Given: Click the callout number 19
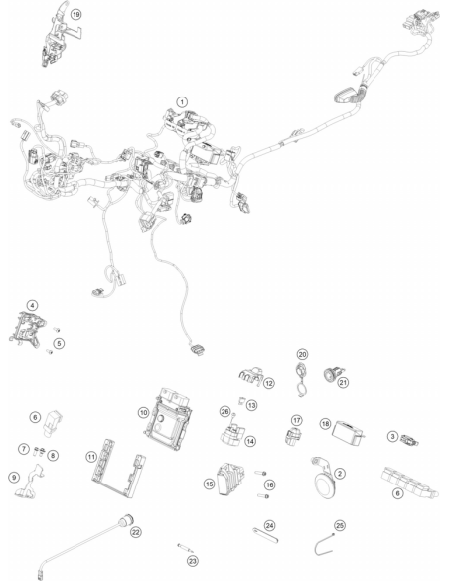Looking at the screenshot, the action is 75,15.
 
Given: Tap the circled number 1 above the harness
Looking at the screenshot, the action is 182,101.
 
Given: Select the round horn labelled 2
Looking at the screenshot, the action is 325,479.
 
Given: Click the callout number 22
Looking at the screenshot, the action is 136,532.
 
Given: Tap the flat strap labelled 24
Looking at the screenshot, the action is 265,536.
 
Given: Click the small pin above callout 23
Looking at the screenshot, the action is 185,548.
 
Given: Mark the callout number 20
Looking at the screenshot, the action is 303,354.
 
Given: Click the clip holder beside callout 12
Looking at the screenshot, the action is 250,375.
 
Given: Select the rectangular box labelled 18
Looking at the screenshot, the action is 348,432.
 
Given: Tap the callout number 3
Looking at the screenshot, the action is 393,436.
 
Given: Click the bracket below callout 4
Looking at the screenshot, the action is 27,330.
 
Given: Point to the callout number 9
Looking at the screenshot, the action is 14,477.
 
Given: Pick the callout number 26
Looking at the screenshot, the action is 224,411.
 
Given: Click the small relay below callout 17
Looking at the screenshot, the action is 293,435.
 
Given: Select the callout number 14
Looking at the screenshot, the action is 250,441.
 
